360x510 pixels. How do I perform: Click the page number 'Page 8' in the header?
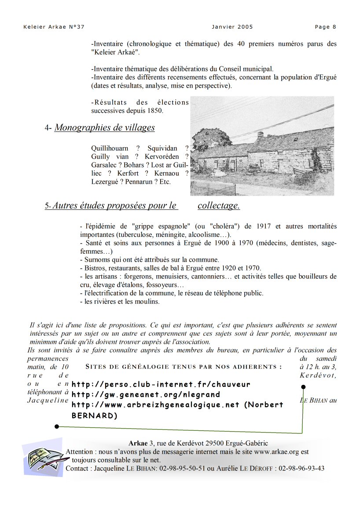coord(325,27)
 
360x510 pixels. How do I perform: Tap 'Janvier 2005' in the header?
coord(232,27)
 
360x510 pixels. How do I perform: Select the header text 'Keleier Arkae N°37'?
coord(54,27)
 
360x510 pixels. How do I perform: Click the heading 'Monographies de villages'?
coord(104,128)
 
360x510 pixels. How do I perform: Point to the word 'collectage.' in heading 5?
coord(219,205)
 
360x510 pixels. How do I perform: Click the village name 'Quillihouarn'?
coord(110,148)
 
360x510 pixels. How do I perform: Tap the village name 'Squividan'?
coord(162,148)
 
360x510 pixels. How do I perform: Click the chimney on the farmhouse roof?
coord(261,134)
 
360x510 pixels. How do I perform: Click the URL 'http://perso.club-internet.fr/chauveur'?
coord(161,384)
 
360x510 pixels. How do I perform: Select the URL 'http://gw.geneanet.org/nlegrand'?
coord(146,395)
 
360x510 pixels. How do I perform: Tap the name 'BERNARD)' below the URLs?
coord(94,415)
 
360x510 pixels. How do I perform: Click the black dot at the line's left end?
coord(57,427)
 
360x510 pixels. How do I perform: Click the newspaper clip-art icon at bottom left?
coord(43,458)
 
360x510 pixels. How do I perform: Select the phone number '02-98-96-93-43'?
coord(301,468)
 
